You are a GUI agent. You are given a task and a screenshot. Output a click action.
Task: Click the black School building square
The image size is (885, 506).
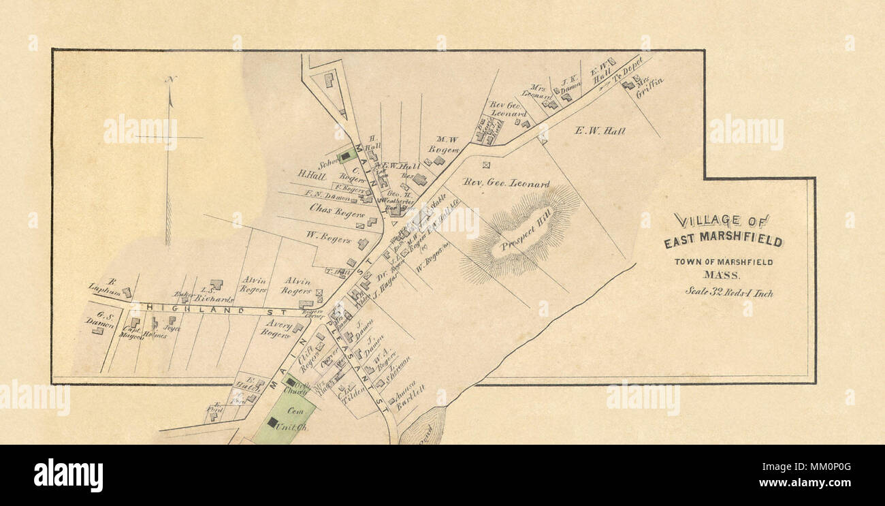coord(345,156)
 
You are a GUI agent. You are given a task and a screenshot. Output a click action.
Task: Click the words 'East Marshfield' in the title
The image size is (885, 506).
coord(723,241)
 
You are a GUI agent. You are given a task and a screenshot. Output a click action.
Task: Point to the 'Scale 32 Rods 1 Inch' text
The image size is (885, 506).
coord(728,293)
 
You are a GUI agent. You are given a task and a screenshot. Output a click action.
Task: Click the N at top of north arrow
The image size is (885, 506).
coord(170,80)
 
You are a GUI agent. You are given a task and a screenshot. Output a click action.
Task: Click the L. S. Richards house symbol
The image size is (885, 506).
coord(216,285)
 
